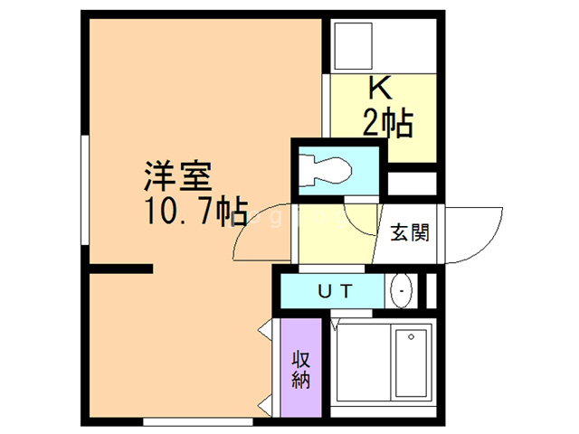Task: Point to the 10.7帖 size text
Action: coord(194,212)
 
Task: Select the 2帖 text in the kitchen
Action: coord(388,121)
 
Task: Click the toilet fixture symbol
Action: coord(327,169)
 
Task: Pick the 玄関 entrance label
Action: coord(409,232)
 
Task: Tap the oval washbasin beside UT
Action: coord(401,292)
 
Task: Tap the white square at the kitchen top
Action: coord(352,45)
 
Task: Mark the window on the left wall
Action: coord(85,190)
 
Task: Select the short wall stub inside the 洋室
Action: coord(121,269)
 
